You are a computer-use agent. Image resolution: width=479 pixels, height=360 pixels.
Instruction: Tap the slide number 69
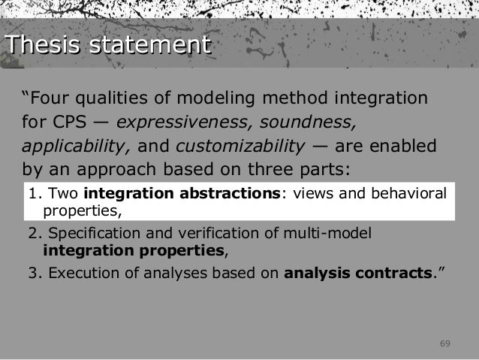444,344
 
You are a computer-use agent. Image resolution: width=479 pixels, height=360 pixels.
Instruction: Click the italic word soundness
300,121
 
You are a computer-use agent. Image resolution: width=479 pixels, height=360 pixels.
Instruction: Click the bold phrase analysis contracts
357,272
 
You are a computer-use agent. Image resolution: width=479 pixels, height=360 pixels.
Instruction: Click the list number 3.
32,272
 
